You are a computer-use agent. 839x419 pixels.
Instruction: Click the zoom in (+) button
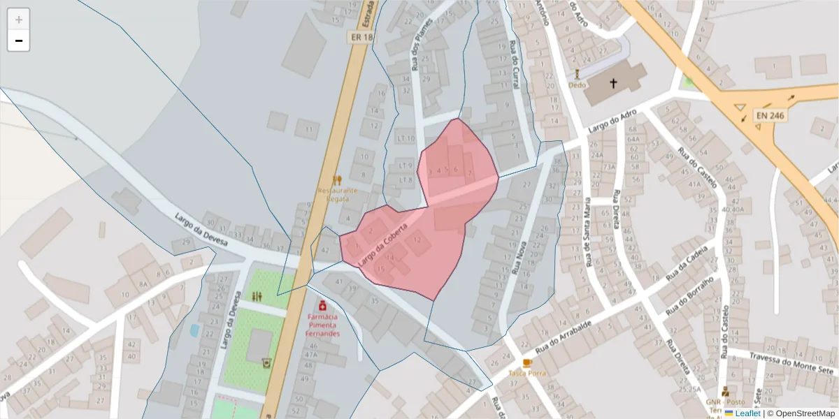pyautogui.click(x=19, y=20)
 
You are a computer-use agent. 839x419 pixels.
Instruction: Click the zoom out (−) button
pyautogui.click(x=19, y=41)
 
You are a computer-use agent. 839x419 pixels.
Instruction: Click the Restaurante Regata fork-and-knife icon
pyautogui.click(x=337, y=180)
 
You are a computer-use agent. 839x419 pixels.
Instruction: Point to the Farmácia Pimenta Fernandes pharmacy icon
pyautogui.click(x=322, y=305)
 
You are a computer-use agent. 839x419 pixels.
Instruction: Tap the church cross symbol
pyautogui.click(x=613, y=83)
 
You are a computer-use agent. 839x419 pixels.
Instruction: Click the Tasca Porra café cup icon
pyautogui.click(x=527, y=362)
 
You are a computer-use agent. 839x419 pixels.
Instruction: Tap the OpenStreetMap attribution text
pyautogui.click(x=801, y=413)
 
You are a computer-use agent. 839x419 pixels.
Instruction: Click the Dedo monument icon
pyautogui.click(x=578, y=73)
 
